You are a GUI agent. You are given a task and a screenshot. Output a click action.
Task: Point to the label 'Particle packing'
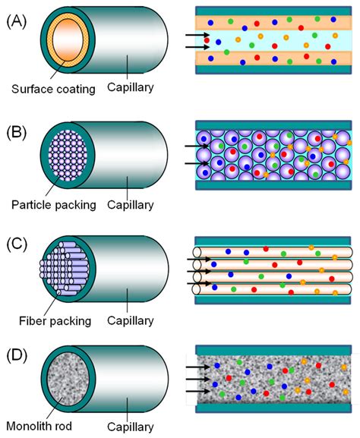52,204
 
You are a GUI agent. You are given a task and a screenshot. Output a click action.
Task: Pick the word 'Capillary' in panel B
131,204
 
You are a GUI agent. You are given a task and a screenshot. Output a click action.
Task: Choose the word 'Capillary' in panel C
131,320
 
